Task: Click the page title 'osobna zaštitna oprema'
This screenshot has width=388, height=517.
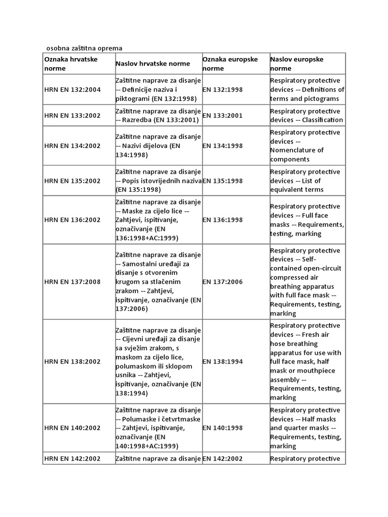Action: point(84,48)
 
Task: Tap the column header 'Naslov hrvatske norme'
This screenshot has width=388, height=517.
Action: point(153,64)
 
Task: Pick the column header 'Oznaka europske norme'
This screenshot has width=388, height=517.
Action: point(230,64)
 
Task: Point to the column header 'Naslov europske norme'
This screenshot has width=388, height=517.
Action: point(297,64)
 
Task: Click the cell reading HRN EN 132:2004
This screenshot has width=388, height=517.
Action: point(72,90)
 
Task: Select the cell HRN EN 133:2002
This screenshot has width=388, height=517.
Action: point(72,116)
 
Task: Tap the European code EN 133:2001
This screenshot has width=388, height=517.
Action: point(222,116)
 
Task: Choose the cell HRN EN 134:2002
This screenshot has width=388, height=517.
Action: point(72,146)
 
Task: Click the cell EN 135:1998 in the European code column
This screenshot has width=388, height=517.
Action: point(222,181)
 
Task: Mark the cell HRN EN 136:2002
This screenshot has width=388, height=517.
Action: point(72,220)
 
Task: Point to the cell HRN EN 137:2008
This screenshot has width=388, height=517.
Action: point(72,282)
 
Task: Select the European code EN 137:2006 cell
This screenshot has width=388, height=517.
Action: point(222,282)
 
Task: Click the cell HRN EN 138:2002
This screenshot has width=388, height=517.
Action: point(72,361)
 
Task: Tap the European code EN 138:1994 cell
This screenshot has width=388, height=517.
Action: point(222,361)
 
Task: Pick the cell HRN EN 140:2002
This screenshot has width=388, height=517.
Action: point(72,428)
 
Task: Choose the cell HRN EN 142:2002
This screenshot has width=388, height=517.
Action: point(72,459)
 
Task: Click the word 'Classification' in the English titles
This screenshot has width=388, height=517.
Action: point(323,120)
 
